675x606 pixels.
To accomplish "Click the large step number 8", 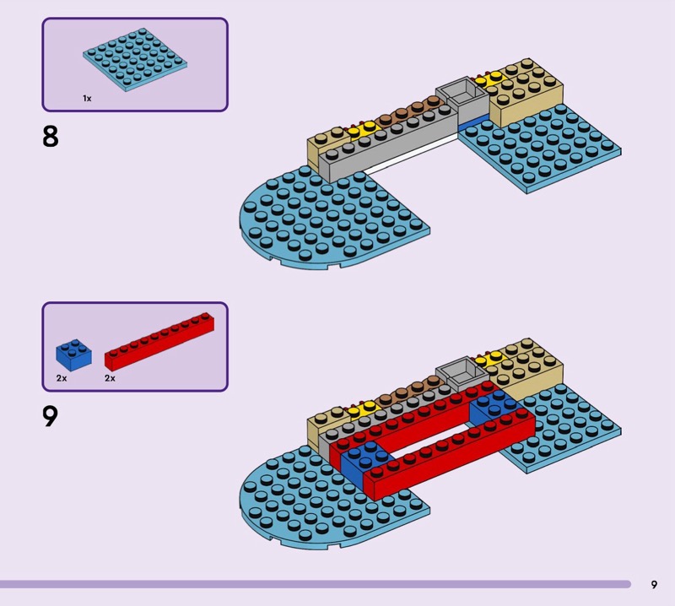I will [51, 137].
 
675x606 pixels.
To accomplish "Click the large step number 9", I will [51, 416].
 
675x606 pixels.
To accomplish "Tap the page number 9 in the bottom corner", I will [654, 584].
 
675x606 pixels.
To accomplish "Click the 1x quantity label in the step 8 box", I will [87, 99].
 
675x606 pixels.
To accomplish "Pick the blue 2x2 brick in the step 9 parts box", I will [73, 354].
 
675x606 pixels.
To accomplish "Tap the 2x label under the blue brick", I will [62, 379].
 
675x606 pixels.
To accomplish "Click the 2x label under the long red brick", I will [110, 379].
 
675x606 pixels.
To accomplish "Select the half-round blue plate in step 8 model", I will [329, 219].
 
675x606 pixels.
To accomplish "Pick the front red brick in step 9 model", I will [447, 460].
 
